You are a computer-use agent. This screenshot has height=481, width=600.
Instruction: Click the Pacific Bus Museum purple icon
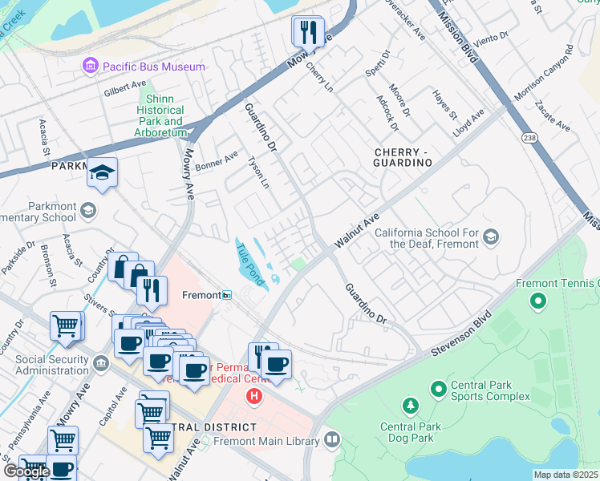tap(90, 67)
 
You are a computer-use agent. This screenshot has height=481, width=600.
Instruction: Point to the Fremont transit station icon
tap(228, 295)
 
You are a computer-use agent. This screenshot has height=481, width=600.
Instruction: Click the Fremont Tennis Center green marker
tap(537, 303)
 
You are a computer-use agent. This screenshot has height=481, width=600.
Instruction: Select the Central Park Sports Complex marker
tap(438, 390)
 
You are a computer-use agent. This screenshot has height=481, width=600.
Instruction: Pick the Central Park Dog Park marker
tap(410, 406)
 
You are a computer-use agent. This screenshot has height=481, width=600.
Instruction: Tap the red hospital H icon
tap(254, 395)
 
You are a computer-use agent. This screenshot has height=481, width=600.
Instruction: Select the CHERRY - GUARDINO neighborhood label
tap(403, 156)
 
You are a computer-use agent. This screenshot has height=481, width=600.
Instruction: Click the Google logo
tap(26, 471)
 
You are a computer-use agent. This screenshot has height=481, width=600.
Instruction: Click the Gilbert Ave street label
tap(125, 88)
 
